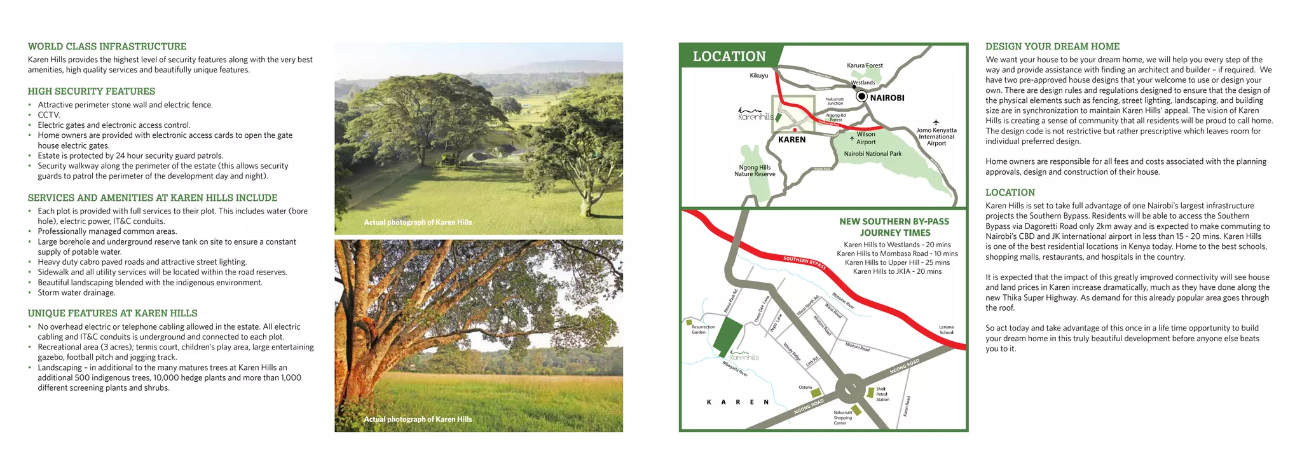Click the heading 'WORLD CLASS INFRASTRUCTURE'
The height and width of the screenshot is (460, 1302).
point(107,46)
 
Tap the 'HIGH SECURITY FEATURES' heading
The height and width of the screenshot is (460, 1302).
point(92,91)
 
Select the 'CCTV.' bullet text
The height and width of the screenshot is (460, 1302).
point(49,115)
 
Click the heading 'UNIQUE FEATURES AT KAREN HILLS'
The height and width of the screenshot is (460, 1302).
point(113,313)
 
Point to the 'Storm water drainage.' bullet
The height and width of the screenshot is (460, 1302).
point(76,293)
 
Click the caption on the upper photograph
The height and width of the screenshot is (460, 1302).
point(418,222)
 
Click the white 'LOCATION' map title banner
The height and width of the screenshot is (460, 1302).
point(729,57)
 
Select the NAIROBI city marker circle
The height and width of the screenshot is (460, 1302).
point(861,97)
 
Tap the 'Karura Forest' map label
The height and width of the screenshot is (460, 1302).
point(865,65)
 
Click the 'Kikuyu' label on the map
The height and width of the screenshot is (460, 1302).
point(759,76)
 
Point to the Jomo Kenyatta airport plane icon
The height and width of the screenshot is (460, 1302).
point(936,122)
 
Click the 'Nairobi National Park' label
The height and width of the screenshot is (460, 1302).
point(872,154)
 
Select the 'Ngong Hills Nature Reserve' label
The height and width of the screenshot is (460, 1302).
point(755,171)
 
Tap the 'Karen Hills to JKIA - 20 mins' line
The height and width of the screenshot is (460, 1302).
point(897,271)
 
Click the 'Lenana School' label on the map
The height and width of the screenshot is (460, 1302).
point(946,330)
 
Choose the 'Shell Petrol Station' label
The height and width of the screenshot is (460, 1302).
point(882,394)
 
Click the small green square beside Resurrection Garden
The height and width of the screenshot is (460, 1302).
point(689,323)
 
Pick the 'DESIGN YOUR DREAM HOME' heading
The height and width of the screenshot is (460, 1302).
point(1052,46)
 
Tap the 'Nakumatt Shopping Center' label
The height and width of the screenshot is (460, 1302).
point(842,417)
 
